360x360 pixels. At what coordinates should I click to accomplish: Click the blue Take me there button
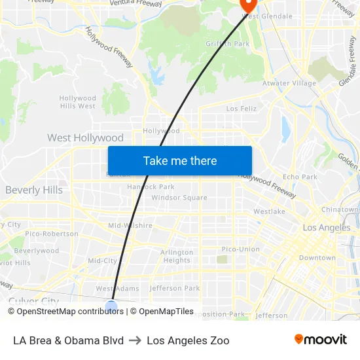point(179,160)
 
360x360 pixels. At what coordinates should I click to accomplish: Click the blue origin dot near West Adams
point(111,306)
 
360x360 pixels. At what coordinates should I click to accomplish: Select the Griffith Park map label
point(228,44)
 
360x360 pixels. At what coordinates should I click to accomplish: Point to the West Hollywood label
point(85,138)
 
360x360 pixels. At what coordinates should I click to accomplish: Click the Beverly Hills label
point(34,190)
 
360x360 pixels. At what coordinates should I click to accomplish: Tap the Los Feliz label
point(242,108)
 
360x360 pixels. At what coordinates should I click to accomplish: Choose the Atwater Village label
point(289,83)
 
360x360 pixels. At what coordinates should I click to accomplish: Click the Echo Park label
point(300,177)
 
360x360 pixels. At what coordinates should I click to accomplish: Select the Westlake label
point(269,211)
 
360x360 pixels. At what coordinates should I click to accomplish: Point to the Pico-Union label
point(240,249)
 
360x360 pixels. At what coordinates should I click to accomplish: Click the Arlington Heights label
point(177,256)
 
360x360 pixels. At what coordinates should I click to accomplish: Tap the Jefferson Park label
point(175,288)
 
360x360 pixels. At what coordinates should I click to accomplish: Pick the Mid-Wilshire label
point(130,226)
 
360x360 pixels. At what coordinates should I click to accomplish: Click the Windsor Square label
point(179,198)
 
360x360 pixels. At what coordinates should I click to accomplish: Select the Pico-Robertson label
point(52,234)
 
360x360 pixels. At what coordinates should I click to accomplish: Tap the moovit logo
point(321,339)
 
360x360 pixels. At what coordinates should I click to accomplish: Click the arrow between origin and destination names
point(135,340)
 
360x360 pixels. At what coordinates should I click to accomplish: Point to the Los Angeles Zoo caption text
point(188,340)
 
